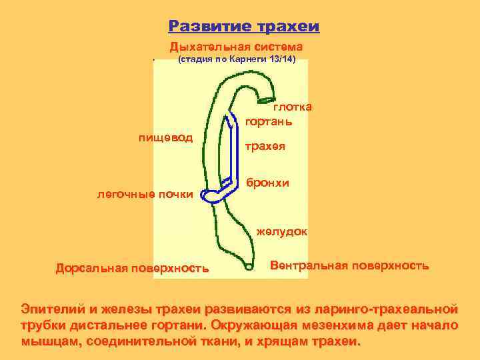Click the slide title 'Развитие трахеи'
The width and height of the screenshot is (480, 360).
pyautogui.click(x=244, y=26)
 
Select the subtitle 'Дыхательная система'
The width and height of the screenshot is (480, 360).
pyautogui.click(x=236, y=47)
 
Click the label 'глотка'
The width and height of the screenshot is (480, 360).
pyautogui.click(x=292, y=107)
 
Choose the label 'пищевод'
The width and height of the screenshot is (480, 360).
pyautogui.click(x=165, y=138)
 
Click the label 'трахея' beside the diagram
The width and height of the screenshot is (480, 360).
pyautogui.click(x=266, y=146)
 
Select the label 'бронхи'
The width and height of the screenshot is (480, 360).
pyautogui.click(x=268, y=182)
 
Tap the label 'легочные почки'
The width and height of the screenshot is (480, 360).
pyautogui.click(x=145, y=195)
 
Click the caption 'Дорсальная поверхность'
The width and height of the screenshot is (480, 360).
pyautogui.click(x=132, y=268)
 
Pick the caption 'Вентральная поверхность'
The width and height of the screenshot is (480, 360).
pyautogui.click(x=350, y=265)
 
